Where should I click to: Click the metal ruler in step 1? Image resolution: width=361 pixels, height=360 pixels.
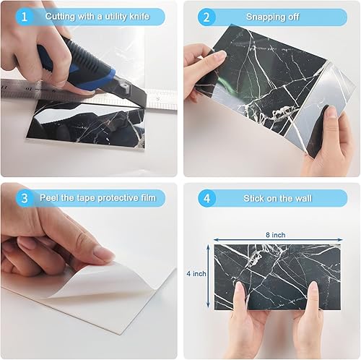29,89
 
